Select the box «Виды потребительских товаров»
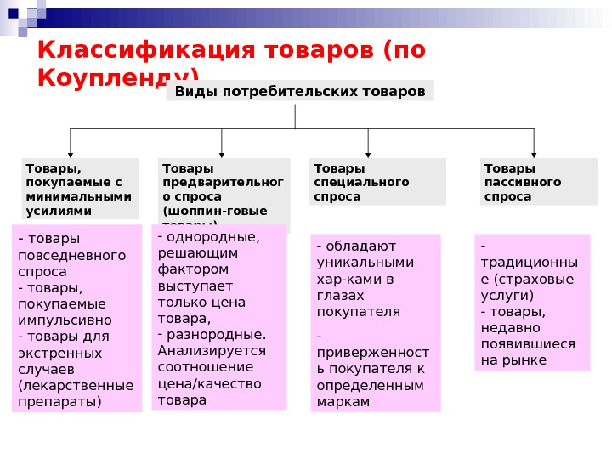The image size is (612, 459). [x=300, y=90]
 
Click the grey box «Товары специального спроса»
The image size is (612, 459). [x=377, y=182]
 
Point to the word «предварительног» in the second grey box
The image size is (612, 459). [x=223, y=182]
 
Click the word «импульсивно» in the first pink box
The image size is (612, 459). [x=65, y=320]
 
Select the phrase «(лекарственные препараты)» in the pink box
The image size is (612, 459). [x=76, y=393]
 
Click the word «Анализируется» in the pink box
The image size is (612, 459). [x=212, y=351]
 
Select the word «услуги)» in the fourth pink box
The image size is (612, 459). [x=507, y=296]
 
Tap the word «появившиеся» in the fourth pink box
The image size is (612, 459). [x=528, y=344]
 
